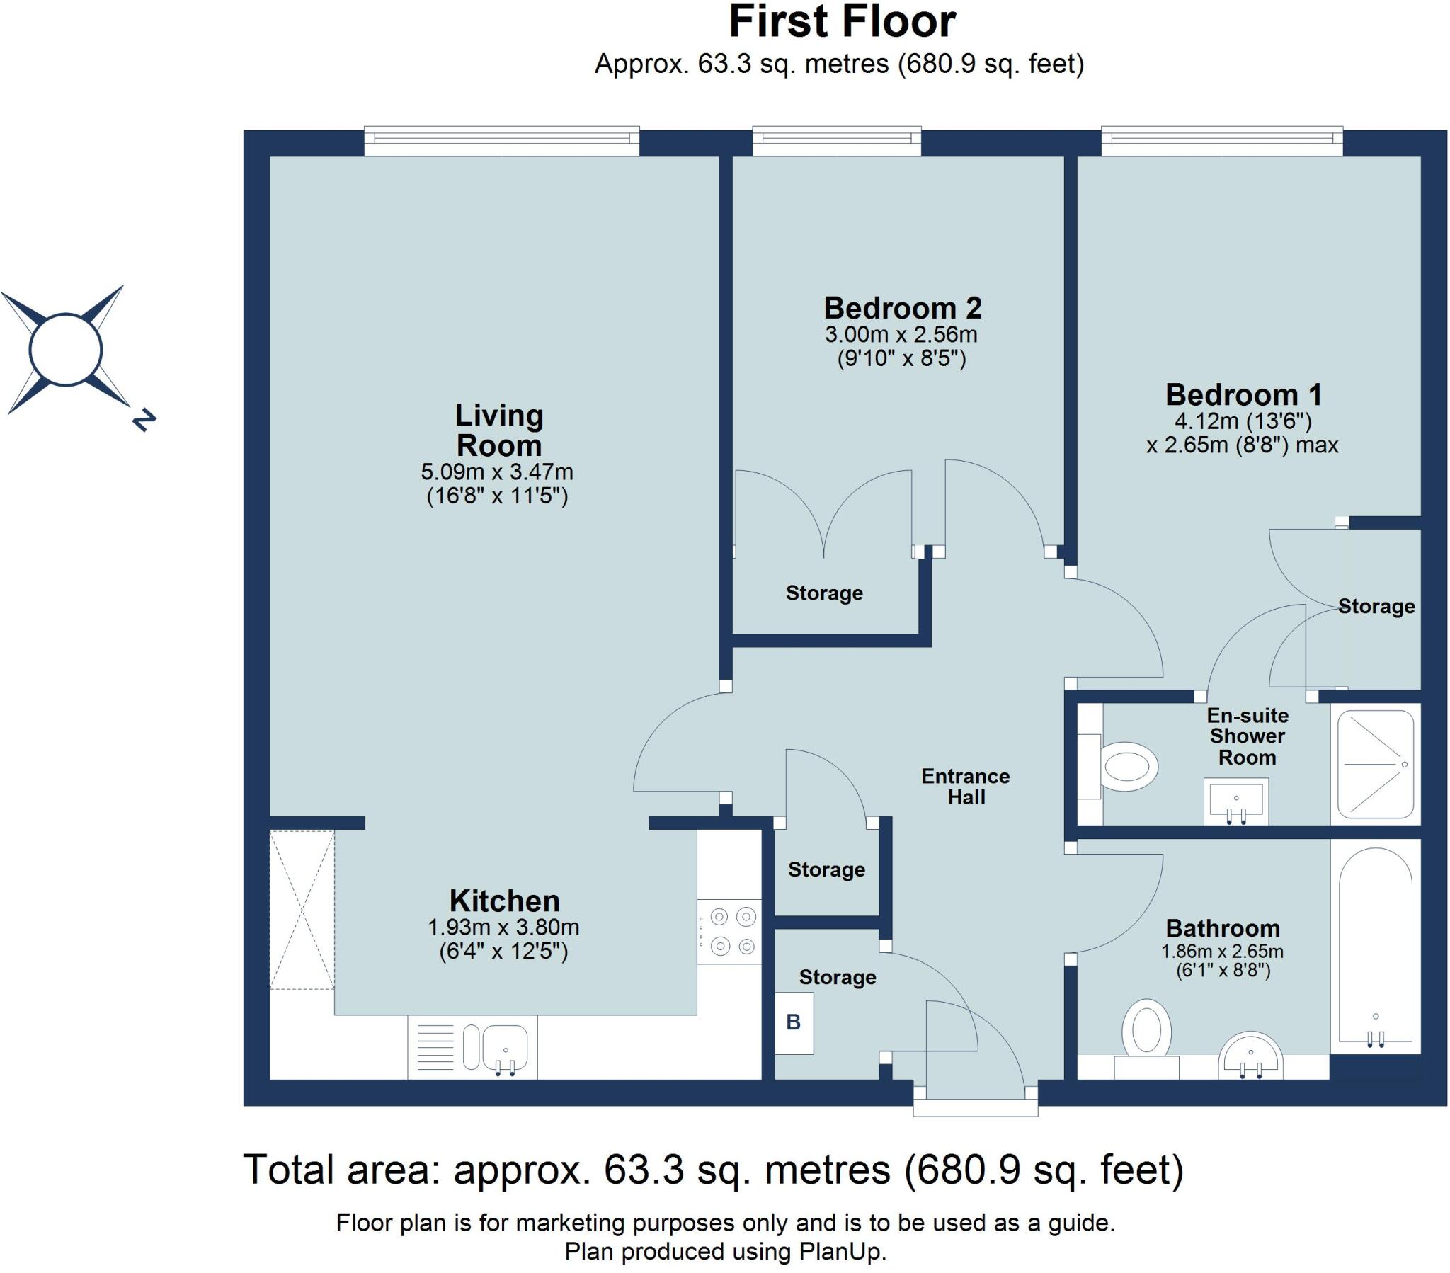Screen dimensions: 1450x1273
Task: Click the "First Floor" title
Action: coord(842,23)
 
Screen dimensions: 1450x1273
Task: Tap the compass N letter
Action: coord(144,420)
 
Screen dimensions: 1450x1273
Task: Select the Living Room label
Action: coord(498,430)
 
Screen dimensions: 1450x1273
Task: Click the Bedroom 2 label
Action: coord(902,308)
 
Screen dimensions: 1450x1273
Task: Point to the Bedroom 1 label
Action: coord(1243,394)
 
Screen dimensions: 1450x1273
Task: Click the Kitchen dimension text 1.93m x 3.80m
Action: coord(503,927)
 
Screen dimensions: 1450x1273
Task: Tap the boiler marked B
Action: coord(794,1022)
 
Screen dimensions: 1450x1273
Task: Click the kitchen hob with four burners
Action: coord(729,931)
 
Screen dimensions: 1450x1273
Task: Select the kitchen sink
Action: coord(504,1047)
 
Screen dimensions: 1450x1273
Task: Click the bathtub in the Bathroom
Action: coord(1376,947)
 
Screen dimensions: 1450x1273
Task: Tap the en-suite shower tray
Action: coord(1376,764)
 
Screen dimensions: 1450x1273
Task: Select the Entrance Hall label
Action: coord(966,786)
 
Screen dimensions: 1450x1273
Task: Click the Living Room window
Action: coord(501,140)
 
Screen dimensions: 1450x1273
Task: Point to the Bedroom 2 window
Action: coord(836,140)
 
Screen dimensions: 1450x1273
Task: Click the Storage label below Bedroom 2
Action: coord(824,593)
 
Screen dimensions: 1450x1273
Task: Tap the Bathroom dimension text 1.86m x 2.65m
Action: coord(1222,952)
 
